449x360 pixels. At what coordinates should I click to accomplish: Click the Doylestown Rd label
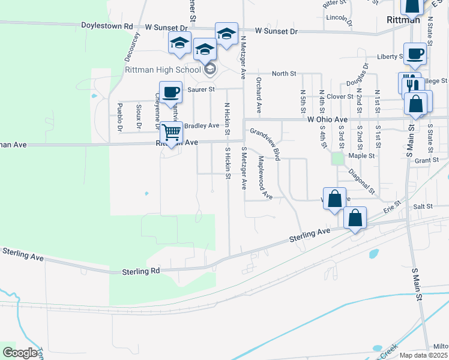107,26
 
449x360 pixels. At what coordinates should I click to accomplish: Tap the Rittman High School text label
162,70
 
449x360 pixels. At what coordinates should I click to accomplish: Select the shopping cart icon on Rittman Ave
172,132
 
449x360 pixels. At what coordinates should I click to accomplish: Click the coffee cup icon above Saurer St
170,92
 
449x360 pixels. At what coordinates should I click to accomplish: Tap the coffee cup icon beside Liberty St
415,53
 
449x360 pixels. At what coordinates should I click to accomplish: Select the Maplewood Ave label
265,178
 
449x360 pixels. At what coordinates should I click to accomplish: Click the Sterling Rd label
141,271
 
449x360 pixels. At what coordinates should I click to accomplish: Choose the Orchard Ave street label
259,95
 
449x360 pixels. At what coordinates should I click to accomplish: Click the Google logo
20,353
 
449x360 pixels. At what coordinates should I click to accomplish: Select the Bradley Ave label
202,125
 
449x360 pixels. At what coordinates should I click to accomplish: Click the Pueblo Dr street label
120,117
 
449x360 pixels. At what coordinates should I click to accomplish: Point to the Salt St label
423,206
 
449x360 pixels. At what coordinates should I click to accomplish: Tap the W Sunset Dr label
276,30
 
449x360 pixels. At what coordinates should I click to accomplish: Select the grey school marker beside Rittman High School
209,70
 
